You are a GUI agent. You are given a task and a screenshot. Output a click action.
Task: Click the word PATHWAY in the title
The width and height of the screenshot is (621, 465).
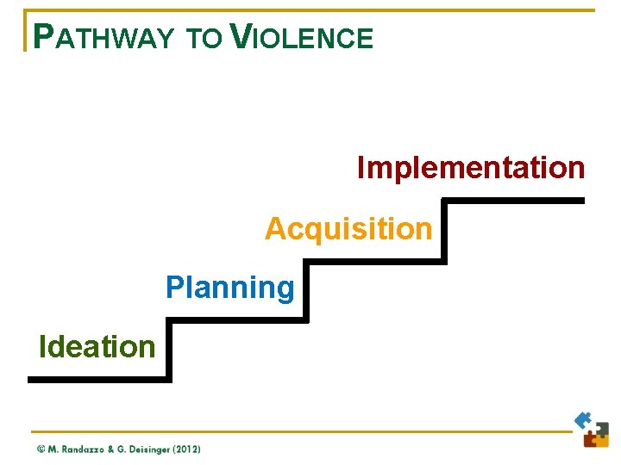click(x=102, y=37)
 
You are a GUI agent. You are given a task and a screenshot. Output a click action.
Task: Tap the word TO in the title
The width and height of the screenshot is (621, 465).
click(x=204, y=38)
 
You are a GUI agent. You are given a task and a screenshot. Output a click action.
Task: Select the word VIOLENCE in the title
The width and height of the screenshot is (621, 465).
click(x=303, y=37)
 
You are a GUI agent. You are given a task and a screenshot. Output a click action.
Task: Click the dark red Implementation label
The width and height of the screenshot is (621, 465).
click(x=471, y=167)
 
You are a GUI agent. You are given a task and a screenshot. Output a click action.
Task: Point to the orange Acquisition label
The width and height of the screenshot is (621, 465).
click(x=348, y=229)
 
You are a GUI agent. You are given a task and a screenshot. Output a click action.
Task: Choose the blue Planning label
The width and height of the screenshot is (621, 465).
click(x=230, y=287)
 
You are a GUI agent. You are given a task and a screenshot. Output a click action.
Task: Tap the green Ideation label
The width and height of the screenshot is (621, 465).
click(x=97, y=346)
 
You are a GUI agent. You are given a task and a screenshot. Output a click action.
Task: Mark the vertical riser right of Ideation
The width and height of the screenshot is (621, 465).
click(x=170, y=350)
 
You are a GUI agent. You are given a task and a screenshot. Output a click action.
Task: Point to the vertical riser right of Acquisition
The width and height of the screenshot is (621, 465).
click(x=444, y=231)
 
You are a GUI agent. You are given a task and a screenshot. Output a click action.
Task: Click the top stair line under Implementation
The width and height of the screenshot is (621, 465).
click(x=514, y=201)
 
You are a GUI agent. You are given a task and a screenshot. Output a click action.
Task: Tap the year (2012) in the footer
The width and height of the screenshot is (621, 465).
click(x=187, y=449)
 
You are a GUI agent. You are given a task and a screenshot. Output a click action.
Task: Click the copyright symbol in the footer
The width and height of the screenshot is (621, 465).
click(x=41, y=449)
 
